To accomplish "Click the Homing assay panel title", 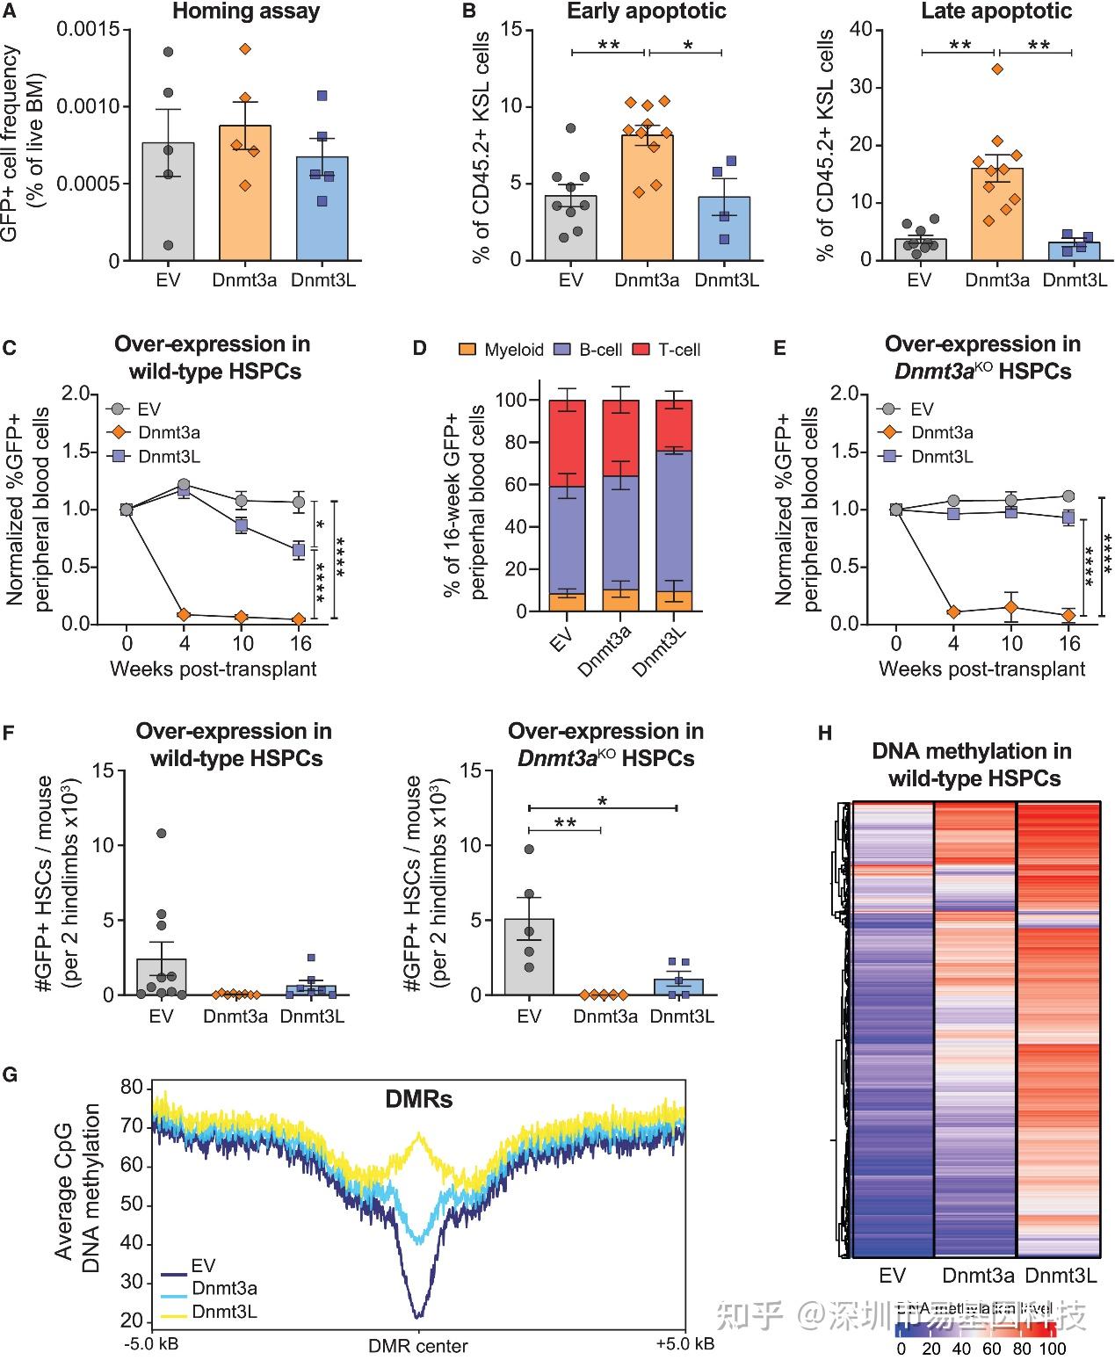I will tap(246, 11).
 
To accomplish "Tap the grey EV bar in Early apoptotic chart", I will tap(570, 228).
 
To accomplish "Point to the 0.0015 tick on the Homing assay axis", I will tap(88, 30).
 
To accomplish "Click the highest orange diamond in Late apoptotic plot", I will tap(996, 69).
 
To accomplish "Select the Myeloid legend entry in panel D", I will tap(503, 350).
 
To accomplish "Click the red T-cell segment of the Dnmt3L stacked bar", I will tap(674, 426).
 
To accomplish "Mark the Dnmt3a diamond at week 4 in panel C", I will tap(184, 614).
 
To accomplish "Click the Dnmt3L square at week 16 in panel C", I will tap(299, 550).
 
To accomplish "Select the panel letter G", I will tap(11, 1074).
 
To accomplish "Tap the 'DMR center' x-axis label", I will tap(418, 1346).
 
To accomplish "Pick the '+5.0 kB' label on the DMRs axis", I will tap(684, 1344).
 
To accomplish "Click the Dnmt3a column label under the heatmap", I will tap(978, 1275).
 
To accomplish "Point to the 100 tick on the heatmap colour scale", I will tap(1052, 1349).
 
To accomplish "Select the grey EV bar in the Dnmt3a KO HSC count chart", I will tap(529, 958).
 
